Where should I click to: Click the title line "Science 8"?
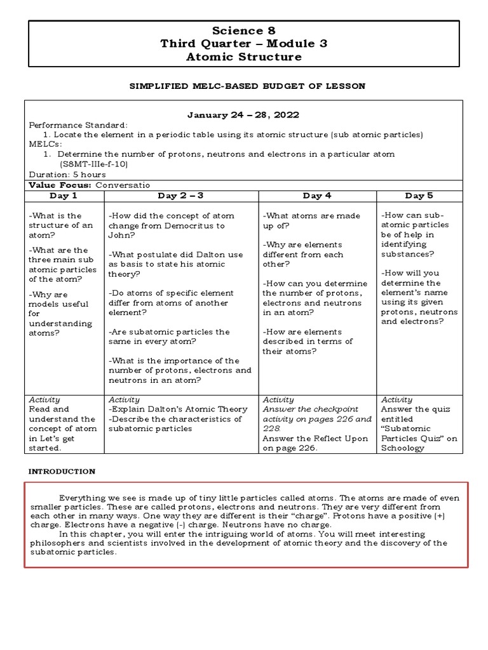pyautogui.click(x=243, y=30)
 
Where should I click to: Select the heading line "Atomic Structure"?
pyautogui.click(x=243, y=57)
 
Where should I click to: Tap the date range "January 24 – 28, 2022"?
pyautogui.click(x=243, y=115)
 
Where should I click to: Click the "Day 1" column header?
pyautogui.click(x=64, y=196)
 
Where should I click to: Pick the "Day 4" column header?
pyautogui.click(x=317, y=196)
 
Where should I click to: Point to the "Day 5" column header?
pyautogui.click(x=419, y=196)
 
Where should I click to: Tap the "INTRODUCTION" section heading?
pyautogui.click(x=62, y=472)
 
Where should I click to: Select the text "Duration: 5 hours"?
pyautogui.click(x=67, y=174)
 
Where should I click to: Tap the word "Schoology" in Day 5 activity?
pyautogui.click(x=403, y=448)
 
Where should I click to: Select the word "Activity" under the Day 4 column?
pyautogui.click(x=278, y=400)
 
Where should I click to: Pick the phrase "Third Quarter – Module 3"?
pyautogui.click(x=243, y=44)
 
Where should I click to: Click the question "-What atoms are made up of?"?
pyautogui.click(x=311, y=220)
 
